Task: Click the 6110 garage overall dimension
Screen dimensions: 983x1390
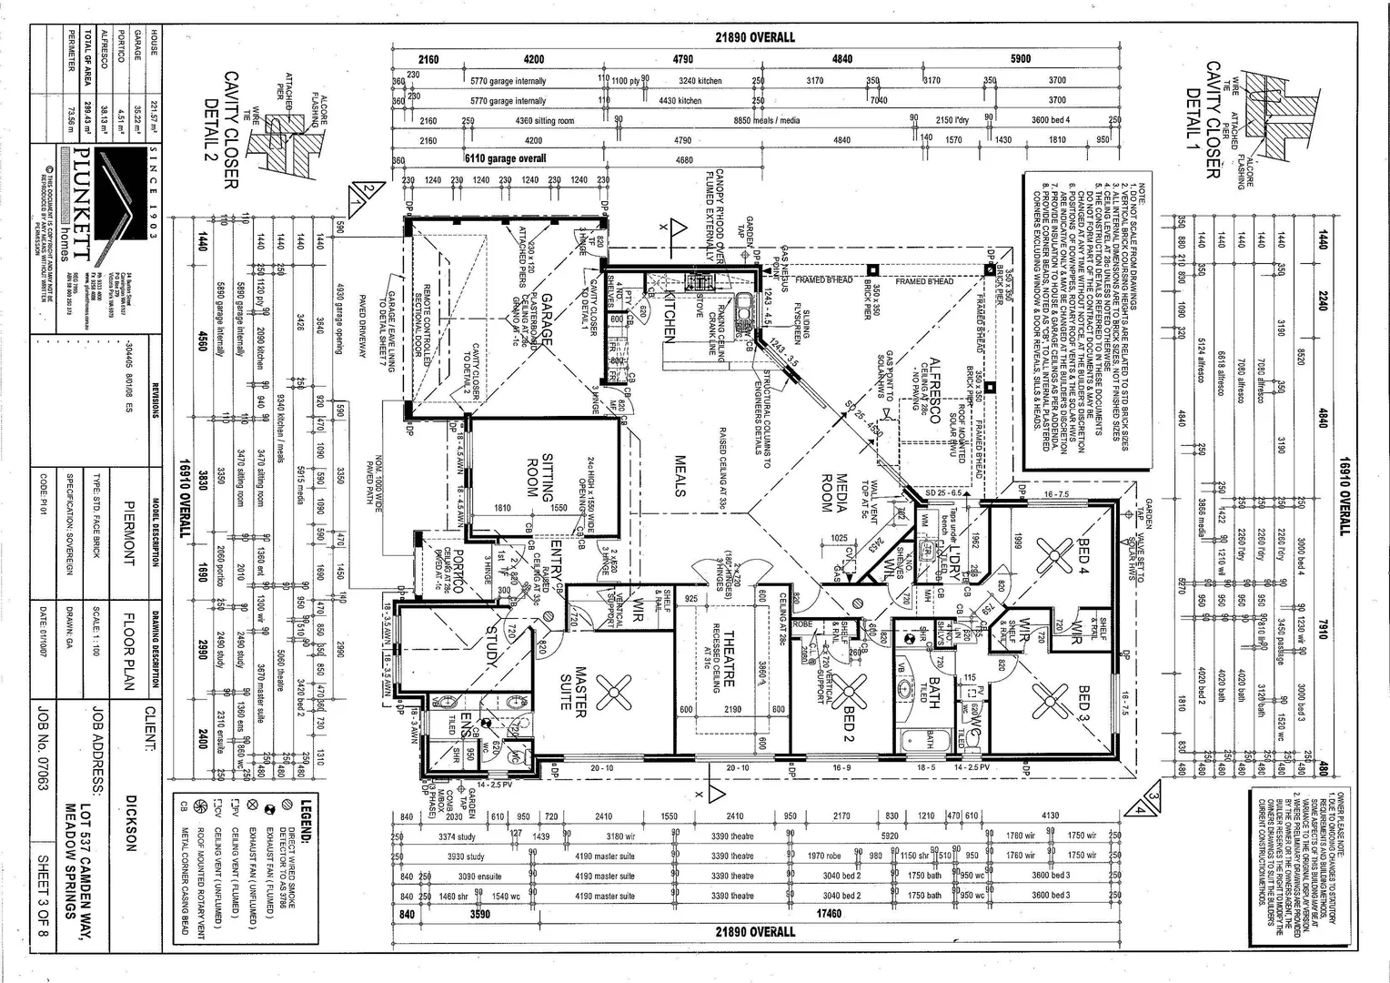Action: pyautogui.click(x=506, y=158)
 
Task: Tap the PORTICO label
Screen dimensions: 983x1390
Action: pyautogui.click(x=458, y=573)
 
